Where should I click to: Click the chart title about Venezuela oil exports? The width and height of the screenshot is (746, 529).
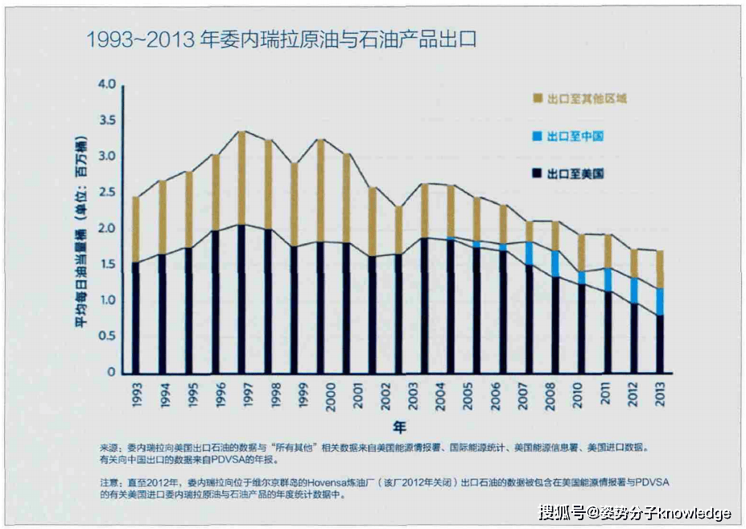[x=281, y=39]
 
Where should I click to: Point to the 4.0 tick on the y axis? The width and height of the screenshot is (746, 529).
[x=106, y=85]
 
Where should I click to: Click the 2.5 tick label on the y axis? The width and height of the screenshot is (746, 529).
[x=106, y=192]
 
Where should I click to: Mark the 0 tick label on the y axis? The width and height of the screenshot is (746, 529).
[x=112, y=373]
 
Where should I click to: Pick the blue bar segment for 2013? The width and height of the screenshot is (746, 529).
[x=660, y=301]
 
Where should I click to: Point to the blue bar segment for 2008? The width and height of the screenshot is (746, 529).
[x=556, y=263]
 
